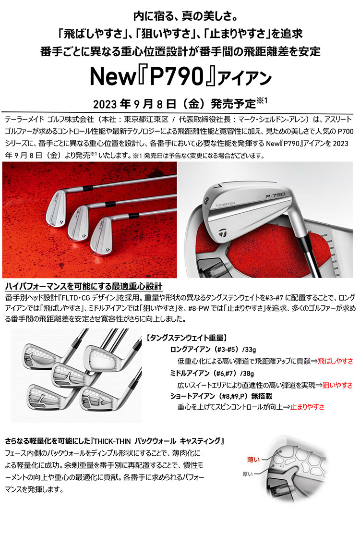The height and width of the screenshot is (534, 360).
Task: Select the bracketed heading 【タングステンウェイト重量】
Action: point(183,338)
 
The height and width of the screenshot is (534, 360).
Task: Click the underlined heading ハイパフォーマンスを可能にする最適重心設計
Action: point(84,286)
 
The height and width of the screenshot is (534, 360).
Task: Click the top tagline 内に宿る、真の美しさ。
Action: point(180,18)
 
